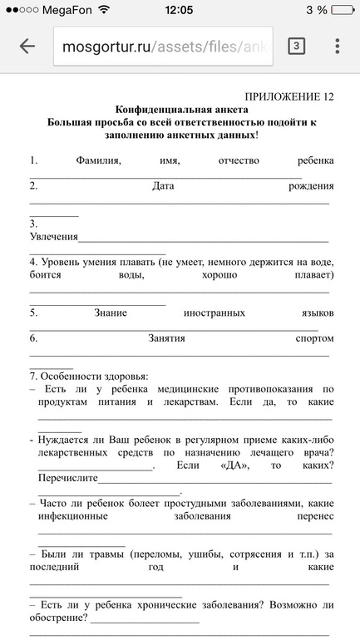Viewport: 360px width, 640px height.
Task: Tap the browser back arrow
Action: [x=27, y=47]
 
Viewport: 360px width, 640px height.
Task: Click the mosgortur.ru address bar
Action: [x=166, y=47]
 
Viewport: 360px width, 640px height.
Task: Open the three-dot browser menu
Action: [x=337, y=47]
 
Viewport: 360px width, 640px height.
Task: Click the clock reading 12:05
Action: [x=179, y=11]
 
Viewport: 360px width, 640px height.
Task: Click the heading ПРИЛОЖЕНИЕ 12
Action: [x=289, y=96]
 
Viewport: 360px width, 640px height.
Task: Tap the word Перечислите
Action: [x=68, y=478]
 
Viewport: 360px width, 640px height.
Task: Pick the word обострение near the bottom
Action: [x=58, y=618]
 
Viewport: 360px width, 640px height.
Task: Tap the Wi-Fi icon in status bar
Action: [x=103, y=11]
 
